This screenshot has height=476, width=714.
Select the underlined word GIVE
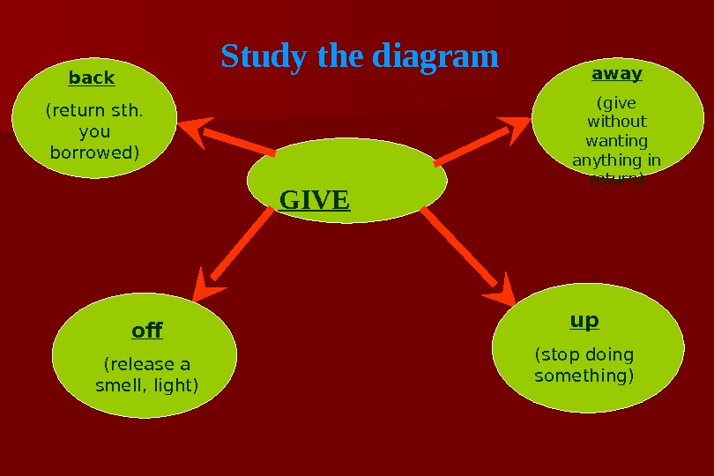[x=315, y=200]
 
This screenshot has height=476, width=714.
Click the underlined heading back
[x=92, y=78]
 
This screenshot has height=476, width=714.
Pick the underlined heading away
[x=617, y=73]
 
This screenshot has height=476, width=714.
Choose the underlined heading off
[x=147, y=331]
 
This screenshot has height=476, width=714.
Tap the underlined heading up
[x=584, y=320]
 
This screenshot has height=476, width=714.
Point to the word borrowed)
[x=94, y=152]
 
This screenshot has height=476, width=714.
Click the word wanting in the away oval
[x=617, y=141]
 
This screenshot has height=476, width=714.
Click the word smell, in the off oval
[x=120, y=385]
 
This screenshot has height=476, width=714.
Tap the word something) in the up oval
[x=584, y=376]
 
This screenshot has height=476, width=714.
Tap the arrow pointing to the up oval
[x=467, y=256]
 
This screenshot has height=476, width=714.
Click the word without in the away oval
[x=617, y=122]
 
